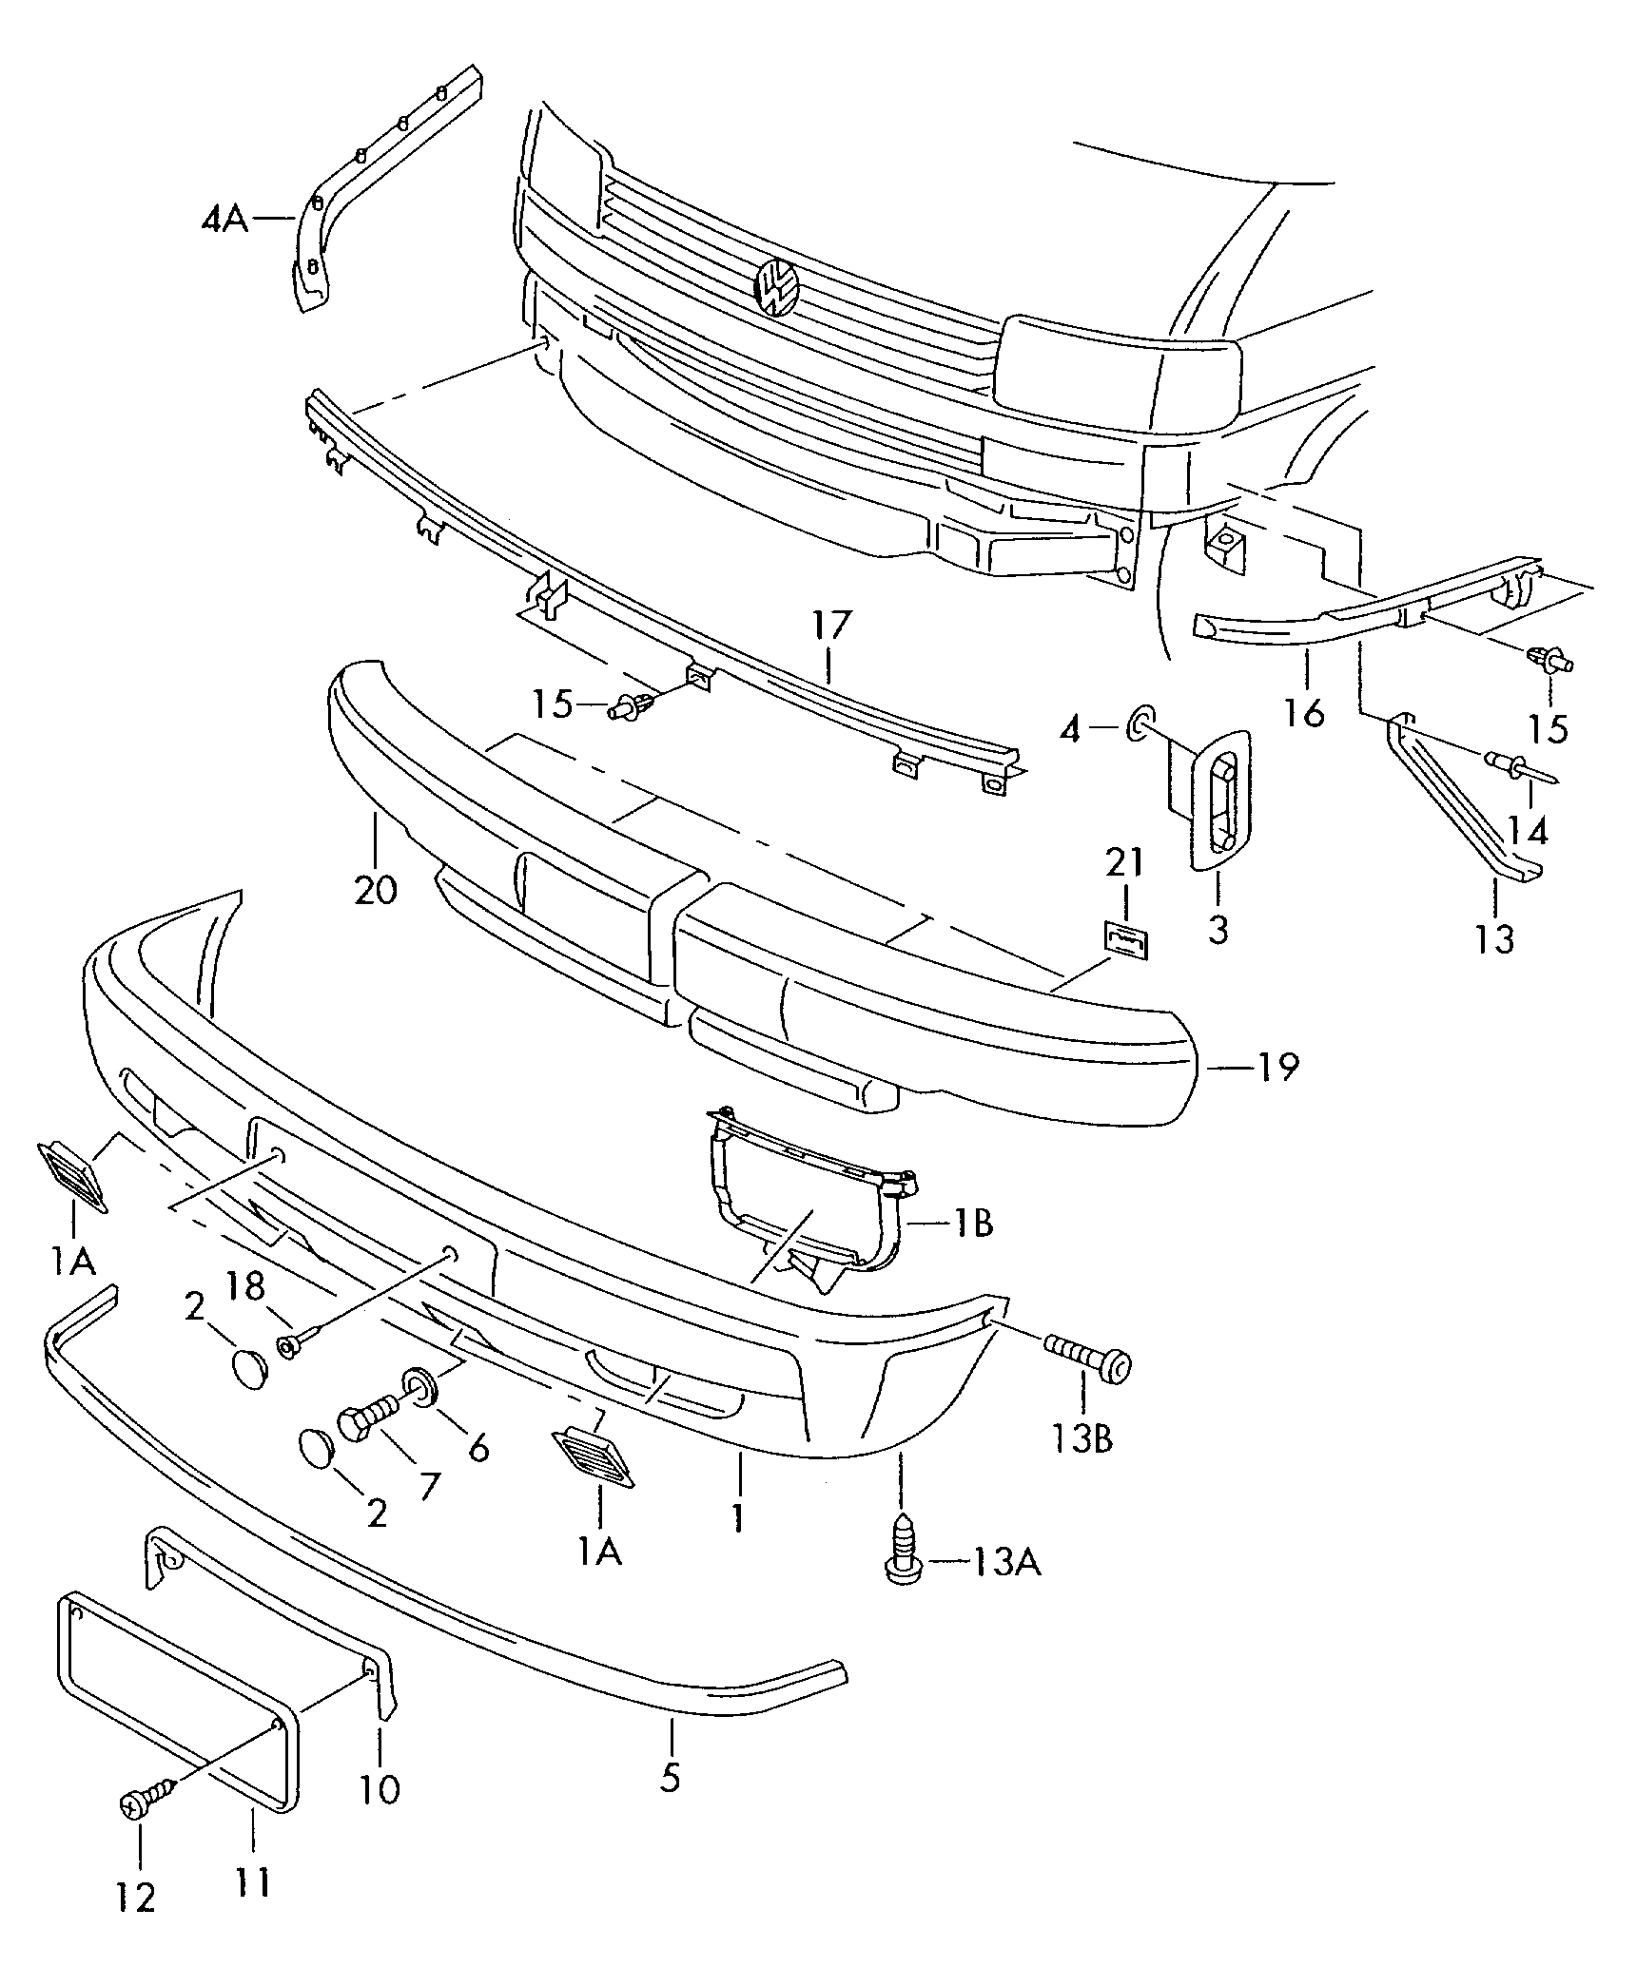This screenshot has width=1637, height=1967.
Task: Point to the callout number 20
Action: (375, 891)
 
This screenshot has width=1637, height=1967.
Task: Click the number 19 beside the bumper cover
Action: (1276, 1067)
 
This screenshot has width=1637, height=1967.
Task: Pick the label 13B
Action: (1083, 1438)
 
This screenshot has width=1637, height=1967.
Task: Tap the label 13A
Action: (1005, 1562)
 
